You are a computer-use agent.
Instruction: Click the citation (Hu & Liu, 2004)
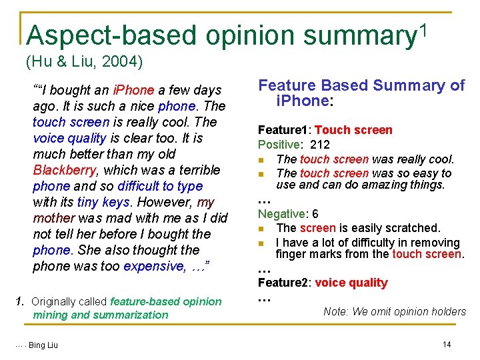pos(84,63)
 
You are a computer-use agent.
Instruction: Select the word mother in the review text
pos(55,218)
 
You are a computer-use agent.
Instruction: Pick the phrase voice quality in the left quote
pos(69,138)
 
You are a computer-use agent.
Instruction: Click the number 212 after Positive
pos(320,145)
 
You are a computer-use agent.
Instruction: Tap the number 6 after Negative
pos(315,214)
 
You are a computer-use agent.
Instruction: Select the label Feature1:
pos(285,130)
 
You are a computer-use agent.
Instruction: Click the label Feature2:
pos(285,283)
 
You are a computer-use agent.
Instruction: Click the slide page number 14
pos(447,344)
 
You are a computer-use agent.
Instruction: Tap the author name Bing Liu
pos(43,345)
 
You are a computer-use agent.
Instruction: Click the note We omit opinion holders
pos(395,311)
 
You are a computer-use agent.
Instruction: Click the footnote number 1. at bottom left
pos(20,301)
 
